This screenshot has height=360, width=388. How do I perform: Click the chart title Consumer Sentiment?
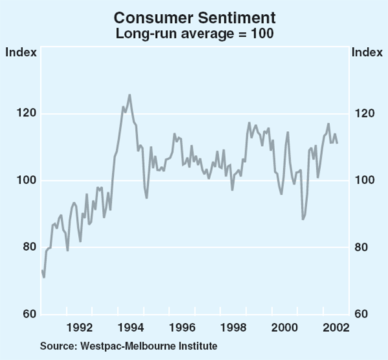pos(193,17)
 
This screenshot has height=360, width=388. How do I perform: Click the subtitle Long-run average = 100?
pos(193,34)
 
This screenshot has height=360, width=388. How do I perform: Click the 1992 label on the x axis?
pos(78,327)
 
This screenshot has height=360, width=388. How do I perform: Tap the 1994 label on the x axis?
pos(129,327)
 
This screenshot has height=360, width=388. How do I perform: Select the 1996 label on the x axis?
pos(182,327)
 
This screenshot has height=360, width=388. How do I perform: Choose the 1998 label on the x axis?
pos(233,327)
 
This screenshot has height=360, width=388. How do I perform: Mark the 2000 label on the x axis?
pos(285,327)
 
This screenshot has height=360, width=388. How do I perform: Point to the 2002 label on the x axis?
pos(336,327)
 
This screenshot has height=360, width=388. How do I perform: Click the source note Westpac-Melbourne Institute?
pos(128,346)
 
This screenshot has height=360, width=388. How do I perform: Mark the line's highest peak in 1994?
pos(129,95)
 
